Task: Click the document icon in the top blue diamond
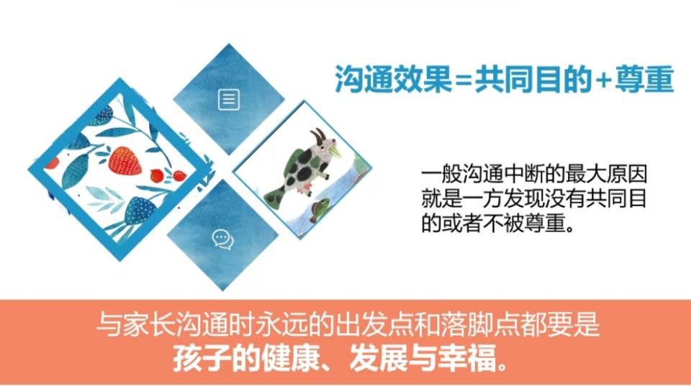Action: (228, 100)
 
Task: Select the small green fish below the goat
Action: (320, 209)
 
